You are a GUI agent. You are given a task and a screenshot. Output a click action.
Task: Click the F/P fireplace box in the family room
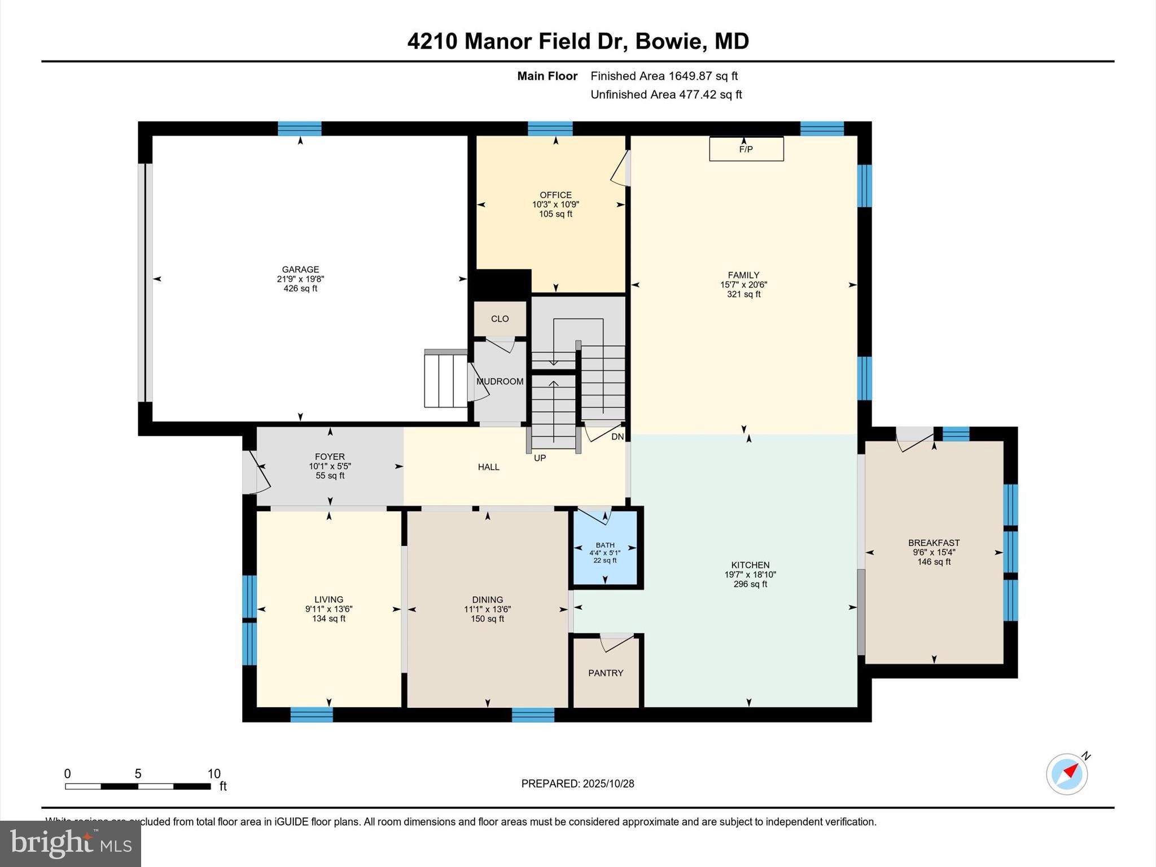pos(746,149)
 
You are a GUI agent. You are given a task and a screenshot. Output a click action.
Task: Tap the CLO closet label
pos(500,319)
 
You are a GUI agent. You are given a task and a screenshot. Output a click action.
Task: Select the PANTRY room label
pos(606,673)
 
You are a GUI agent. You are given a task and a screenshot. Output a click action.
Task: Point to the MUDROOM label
pos(500,382)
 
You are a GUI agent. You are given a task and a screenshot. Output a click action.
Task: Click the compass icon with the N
pos(1067,774)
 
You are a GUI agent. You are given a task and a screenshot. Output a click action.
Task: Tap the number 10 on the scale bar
pos(213,774)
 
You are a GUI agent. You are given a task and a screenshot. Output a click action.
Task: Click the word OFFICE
pos(555,195)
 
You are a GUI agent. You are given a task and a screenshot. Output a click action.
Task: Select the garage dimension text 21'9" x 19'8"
pos(300,279)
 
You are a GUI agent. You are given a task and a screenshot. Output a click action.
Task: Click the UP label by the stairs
pos(540,458)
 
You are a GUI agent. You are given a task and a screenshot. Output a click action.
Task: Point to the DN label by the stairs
pos(618,437)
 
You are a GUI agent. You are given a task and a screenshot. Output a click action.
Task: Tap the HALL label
pos(488,467)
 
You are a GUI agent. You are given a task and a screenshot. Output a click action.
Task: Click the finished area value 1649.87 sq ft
pos(703,76)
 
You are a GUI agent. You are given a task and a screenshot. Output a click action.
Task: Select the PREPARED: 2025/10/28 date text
pos(577,783)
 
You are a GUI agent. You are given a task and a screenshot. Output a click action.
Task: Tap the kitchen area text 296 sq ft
pos(750,584)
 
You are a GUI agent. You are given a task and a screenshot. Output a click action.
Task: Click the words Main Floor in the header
pos(547,76)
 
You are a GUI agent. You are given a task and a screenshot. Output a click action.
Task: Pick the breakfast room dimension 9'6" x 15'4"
pos(934,553)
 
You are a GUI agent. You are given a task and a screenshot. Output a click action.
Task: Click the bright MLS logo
pos(71,843)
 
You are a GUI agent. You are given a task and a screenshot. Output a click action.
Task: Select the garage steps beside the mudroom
pos(445,379)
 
